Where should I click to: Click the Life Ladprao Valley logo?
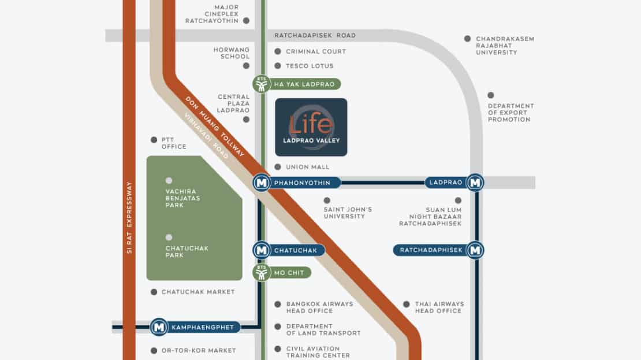pos(311,127)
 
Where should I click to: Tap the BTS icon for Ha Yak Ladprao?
pos(262,84)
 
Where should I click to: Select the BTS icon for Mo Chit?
pos(262,272)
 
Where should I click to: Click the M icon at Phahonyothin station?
pos(262,183)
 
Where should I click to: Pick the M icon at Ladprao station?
pos(475,183)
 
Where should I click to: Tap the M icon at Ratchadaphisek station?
pos(475,250)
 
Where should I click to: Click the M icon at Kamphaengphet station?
pos(159,327)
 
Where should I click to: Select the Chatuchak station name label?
pos(296,250)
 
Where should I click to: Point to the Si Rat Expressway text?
pos(129,218)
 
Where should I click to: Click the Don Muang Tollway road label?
pos(215,127)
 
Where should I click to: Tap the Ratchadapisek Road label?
pos(315,36)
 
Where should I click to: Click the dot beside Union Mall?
pos(278,167)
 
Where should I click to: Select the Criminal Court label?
pos(316,51)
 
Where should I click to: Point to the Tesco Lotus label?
pos(310,66)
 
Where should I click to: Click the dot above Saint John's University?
pos(327,201)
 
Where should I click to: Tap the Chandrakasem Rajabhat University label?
pos(505,46)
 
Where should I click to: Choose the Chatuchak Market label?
pos(198,292)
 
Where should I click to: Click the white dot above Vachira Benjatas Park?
pos(169,180)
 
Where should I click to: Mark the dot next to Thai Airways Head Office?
pos(407,305)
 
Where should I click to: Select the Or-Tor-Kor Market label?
pos(199,351)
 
